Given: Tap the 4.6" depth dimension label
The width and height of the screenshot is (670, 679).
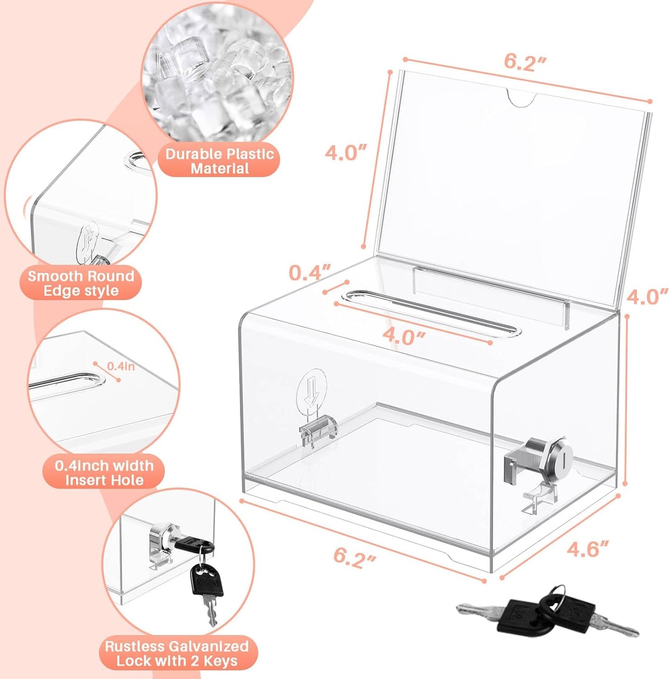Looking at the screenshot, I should pos(587,549).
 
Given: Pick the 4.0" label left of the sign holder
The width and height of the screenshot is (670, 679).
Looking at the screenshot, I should pos(345,153).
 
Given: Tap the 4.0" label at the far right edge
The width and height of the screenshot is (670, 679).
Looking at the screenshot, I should pos(647,296).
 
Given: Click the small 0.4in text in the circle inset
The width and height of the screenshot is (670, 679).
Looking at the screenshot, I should pos(121,366).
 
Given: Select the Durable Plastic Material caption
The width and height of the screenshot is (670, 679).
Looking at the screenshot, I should pos(220,161).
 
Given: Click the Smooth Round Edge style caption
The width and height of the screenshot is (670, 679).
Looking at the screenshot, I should pos(81,283).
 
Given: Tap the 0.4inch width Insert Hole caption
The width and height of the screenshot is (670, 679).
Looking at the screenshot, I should pos(104,472).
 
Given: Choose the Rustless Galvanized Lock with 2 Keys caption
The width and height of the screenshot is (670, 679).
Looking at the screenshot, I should pos(177,653).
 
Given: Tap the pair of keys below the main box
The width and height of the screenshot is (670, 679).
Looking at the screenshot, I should pos(547,613).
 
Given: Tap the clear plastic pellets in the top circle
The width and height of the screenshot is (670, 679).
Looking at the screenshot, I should pos(218,74).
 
